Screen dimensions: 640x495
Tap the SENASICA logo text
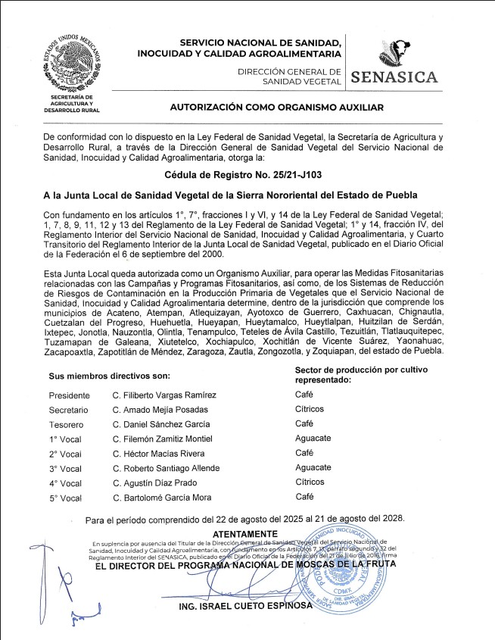click(x=394, y=76)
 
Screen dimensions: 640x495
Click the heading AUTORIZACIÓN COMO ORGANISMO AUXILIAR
click(x=276, y=108)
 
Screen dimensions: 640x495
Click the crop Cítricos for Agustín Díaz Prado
click(x=310, y=482)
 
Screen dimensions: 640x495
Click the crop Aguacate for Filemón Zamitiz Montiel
click(x=313, y=438)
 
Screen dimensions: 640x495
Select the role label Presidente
click(x=69, y=395)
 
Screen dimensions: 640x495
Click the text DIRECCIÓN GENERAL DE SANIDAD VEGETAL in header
click(x=289, y=75)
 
